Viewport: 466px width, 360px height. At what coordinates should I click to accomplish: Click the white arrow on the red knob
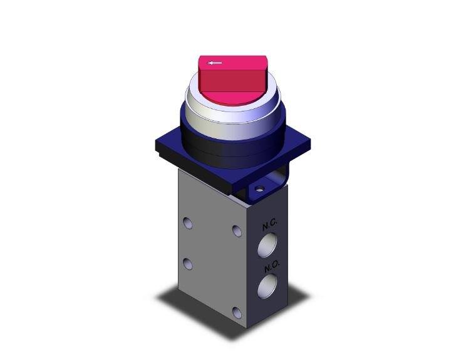pos(215,63)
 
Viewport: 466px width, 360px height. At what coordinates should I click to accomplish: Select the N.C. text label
pos(270,224)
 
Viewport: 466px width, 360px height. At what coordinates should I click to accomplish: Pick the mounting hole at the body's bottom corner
pos(236,312)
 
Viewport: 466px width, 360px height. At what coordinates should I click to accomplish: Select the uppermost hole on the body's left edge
pos(187,222)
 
